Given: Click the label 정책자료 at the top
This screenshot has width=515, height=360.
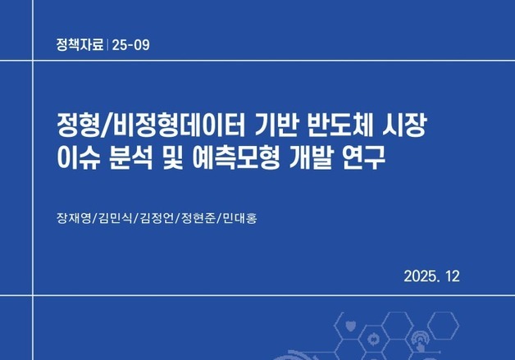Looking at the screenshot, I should pyautogui.click(x=78, y=44).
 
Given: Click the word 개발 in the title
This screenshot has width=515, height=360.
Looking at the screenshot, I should pyautogui.click(x=317, y=158).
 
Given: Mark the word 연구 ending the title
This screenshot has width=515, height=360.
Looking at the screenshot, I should pyautogui.click(x=367, y=158).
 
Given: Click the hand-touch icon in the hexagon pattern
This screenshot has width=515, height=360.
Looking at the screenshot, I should pyautogui.click(x=421, y=338).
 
